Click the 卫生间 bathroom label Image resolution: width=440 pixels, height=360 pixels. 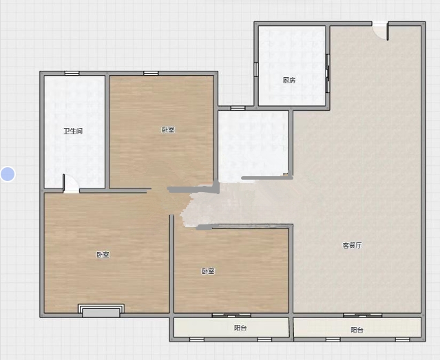pos(73,131)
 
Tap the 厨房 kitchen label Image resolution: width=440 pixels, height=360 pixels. pos(289,81)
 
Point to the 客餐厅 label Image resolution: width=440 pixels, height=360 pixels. pos(352,246)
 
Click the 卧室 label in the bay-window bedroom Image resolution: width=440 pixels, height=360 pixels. pos(103,255)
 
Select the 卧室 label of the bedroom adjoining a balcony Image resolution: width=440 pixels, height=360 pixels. pos(208,271)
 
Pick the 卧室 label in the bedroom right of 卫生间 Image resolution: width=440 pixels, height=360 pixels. pos(168,129)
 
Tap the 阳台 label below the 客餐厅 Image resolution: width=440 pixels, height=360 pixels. pos(357,330)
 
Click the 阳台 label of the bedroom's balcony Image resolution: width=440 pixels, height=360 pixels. pos(240,328)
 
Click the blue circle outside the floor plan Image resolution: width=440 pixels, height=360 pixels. pos(8,174)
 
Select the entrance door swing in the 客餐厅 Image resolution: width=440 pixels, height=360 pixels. pos(381,30)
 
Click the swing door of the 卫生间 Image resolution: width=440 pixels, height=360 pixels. pos(71,184)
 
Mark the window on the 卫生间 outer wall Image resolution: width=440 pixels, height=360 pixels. pos(72,73)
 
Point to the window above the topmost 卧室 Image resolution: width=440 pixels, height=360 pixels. pos(151,73)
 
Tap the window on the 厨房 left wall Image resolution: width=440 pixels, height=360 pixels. pos(256,70)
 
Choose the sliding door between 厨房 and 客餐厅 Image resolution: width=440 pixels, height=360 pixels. pos(328,73)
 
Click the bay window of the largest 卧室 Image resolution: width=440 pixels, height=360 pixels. pos(101,310)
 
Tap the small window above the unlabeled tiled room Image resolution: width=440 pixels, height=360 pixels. pos(238,108)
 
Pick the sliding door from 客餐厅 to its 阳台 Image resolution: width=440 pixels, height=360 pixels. pos(363,315)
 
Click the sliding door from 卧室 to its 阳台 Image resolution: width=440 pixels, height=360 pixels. pos(231,315)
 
